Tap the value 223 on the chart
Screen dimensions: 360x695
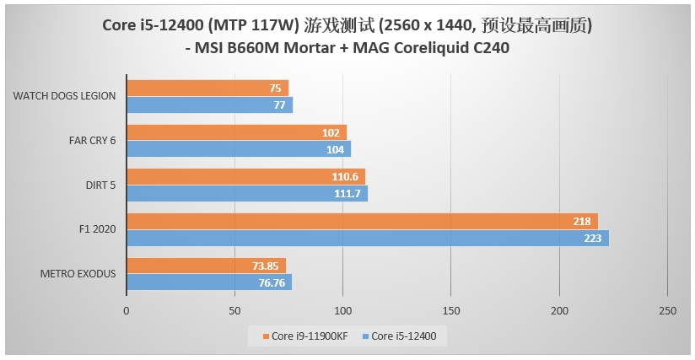click(593, 239)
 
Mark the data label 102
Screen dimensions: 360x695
click(331, 132)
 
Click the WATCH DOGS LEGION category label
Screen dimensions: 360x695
click(64, 96)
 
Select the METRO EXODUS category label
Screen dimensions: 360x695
click(78, 274)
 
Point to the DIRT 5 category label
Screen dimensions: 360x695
click(100, 185)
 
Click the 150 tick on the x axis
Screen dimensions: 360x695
click(450, 311)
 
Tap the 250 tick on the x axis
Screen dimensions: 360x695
click(667, 311)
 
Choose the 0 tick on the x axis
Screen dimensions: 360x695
click(127, 311)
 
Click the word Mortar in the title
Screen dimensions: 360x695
click(310, 48)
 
